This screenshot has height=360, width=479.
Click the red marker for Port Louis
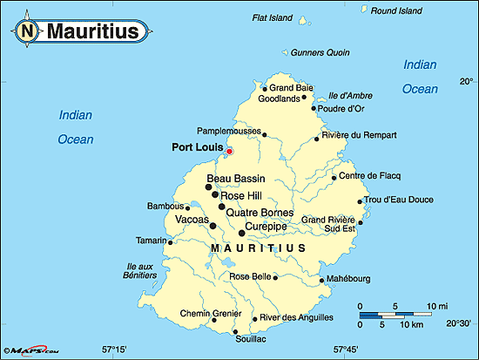[x=229, y=152]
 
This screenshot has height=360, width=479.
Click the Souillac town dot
[x=236, y=332]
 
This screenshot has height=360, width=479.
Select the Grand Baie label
[x=291, y=88]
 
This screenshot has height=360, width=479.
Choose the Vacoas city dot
[x=213, y=225]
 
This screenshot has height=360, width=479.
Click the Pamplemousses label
[x=230, y=129]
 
